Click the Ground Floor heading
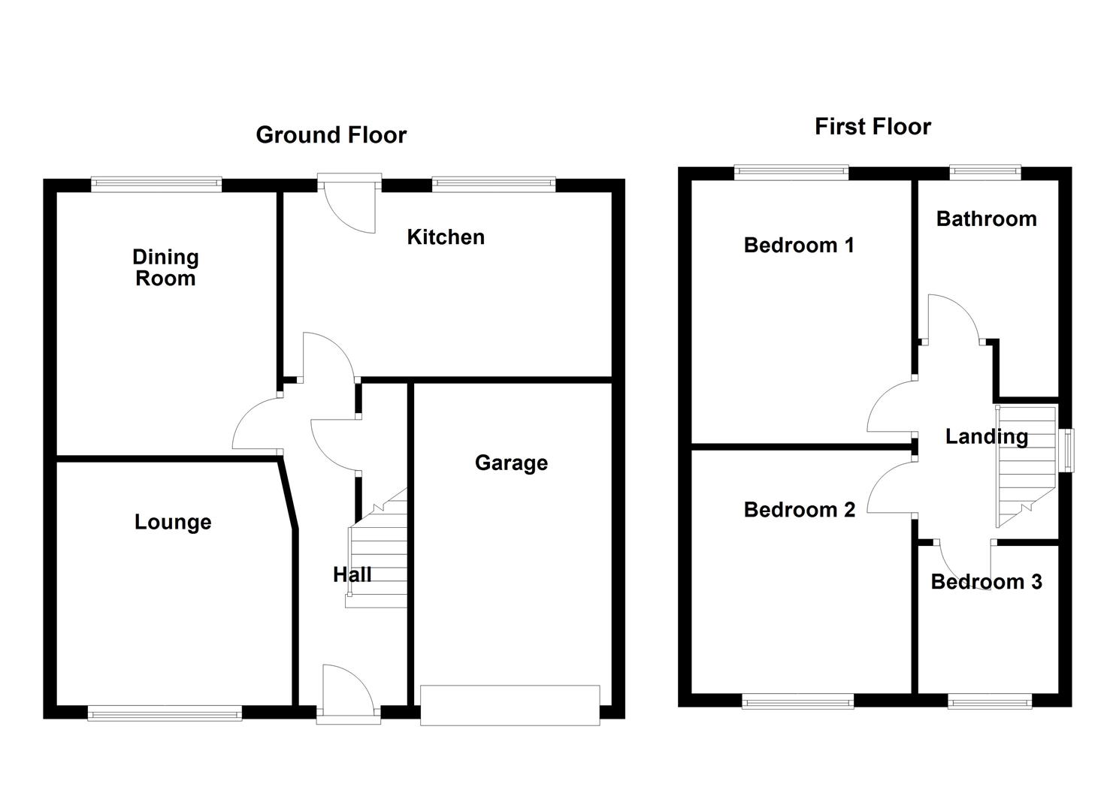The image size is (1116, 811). [x=331, y=135]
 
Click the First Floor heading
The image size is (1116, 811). [x=873, y=127]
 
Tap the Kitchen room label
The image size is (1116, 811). [x=446, y=237]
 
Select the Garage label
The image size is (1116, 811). [x=511, y=463]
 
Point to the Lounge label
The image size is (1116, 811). [x=173, y=522]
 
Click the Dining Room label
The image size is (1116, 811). [x=165, y=268]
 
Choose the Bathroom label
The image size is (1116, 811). [x=986, y=219]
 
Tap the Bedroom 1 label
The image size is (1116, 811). [x=799, y=245]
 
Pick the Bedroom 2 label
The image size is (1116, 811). [x=799, y=509]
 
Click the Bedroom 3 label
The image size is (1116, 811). [x=986, y=581]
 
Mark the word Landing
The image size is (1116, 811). [x=987, y=436]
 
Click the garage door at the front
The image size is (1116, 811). [x=510, y=705]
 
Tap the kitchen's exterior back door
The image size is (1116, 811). [x=349, y=203]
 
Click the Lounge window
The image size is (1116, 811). [x=165, y=713]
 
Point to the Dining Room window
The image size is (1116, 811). [x=156, y=184]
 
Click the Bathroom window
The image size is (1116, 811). [x=985, y=172]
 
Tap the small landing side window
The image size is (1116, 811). [x=1066, y=450]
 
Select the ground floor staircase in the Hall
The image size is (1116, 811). [x=377, y=547]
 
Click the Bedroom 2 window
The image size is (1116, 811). [x=797, y=701]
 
